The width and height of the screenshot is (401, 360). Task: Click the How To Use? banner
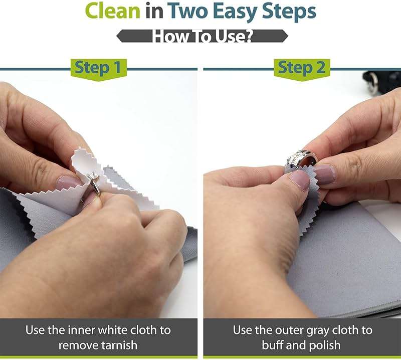click(202, 36)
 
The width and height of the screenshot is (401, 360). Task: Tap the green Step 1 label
click(98, 68)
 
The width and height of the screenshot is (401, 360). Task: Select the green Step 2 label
click(301, 68)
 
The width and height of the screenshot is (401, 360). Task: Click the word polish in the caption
click(323, 345)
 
